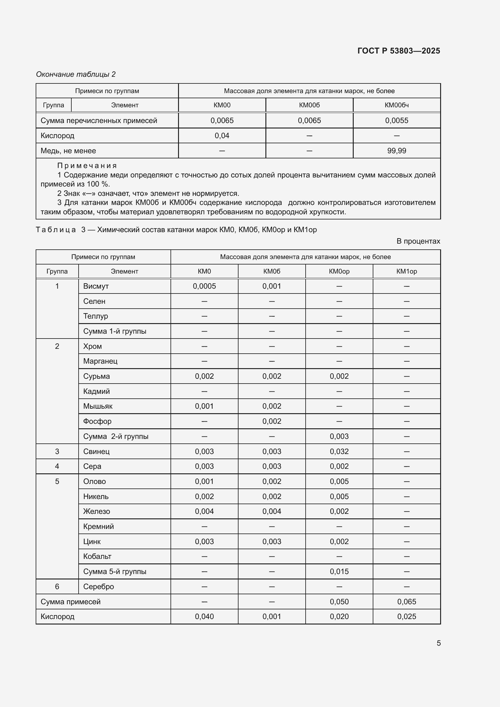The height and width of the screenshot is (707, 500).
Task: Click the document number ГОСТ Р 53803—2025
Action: (398, 51)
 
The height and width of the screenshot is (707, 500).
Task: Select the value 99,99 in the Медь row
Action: (397, 151)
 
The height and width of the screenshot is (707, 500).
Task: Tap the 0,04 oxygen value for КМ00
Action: (222, 136)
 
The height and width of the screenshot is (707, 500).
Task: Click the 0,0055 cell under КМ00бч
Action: (397, 121)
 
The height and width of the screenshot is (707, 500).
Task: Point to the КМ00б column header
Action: (309, 105)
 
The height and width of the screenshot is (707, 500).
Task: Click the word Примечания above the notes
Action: (87, 166)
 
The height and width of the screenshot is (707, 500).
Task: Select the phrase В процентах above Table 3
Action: (418, 241)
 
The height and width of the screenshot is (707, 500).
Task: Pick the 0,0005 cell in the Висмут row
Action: (204, 286)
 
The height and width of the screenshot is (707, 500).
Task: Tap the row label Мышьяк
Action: (98, 407)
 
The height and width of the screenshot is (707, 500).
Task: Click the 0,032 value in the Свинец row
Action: (339, 452)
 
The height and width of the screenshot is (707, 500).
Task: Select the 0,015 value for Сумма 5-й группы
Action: (339, 572)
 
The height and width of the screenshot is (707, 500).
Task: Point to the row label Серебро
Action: (99, 587)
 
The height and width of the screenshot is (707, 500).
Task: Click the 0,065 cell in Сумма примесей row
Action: (406, 602)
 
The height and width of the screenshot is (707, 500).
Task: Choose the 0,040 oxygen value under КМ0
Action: (204, 617)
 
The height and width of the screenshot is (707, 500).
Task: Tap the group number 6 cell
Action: (57, 587)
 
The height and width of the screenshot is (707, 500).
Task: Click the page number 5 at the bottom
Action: (438, 643)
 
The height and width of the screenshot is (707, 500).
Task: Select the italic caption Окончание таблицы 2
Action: (76, 75)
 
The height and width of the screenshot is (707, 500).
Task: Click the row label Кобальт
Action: (97, 557)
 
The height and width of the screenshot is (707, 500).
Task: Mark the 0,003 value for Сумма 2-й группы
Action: (339, 437)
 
